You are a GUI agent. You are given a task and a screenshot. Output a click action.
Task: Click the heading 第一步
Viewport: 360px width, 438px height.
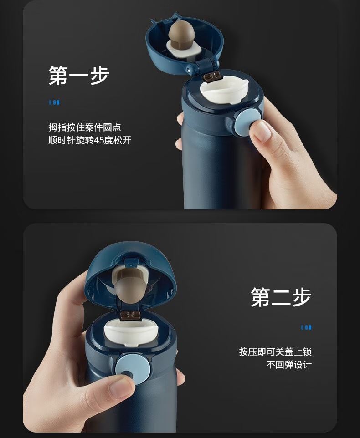pos(79,76)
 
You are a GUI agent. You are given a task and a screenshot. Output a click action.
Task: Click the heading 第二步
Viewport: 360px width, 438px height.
pos(281,297)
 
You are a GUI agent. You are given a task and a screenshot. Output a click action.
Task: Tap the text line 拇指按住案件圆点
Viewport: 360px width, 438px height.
pos(85,127)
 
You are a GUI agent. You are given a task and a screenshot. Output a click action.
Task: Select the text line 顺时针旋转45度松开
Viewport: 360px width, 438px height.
pos(90,140)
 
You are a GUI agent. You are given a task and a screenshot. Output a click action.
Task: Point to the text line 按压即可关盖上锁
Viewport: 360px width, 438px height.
pos(275,351)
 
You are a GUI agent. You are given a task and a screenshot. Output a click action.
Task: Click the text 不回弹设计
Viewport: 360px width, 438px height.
pos(289,364)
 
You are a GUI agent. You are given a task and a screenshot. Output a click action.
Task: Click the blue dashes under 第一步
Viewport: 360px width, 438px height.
pos(54,102)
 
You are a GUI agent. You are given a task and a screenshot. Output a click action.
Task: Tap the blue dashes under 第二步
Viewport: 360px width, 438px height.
pos(306,327)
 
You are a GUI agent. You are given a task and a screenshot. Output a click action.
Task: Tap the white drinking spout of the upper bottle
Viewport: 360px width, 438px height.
pos(224,90)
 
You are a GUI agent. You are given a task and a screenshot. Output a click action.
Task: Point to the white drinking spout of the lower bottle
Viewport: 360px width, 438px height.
pos(131,333)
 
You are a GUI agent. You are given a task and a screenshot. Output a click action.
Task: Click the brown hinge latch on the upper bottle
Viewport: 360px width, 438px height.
pos(211,77)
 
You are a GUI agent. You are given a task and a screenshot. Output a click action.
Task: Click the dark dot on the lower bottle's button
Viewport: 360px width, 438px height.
pos(127,374)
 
